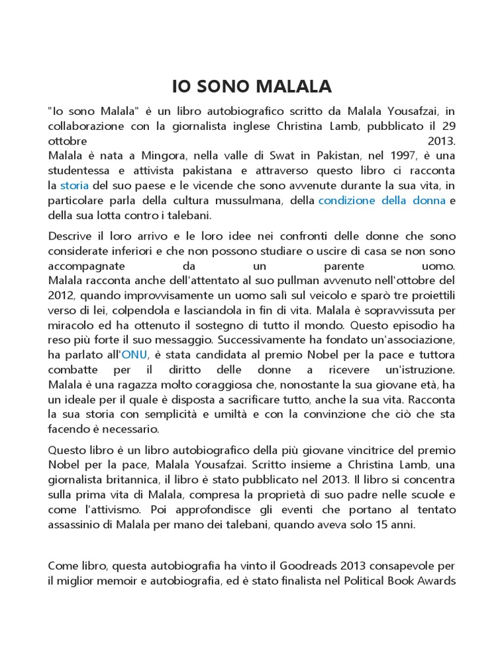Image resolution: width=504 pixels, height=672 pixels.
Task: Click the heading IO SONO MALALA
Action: [252, 86]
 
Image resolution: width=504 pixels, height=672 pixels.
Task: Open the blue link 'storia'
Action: [74, 186]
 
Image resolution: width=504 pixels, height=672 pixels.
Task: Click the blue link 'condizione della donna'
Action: [381, 201]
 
